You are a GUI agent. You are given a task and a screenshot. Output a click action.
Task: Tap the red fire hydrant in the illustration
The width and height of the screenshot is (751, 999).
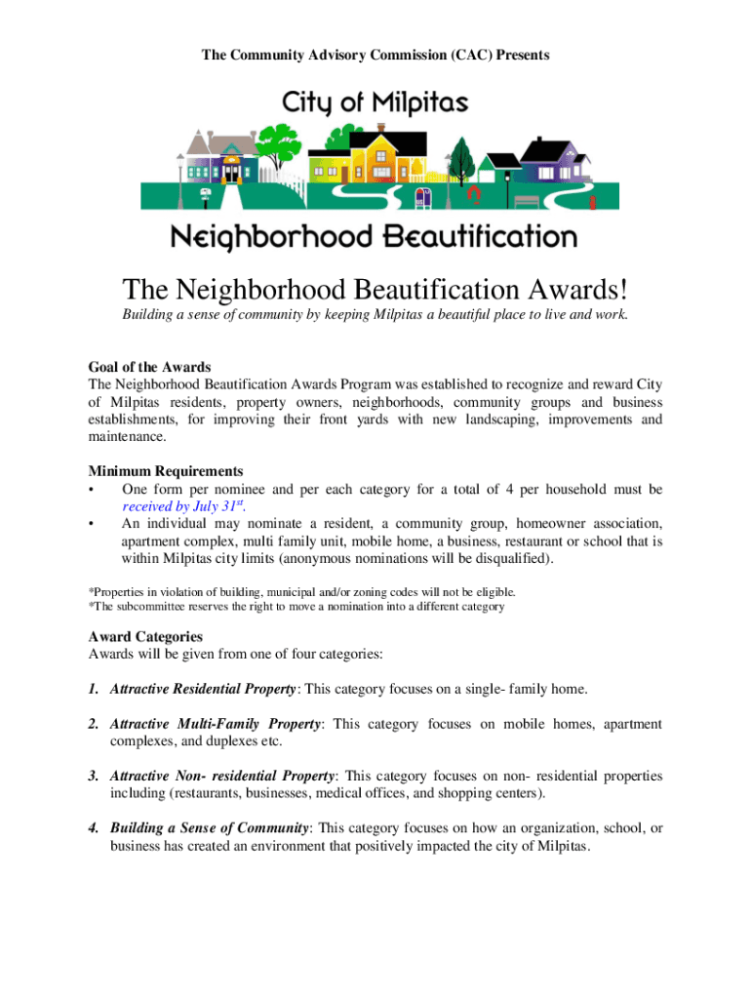474,194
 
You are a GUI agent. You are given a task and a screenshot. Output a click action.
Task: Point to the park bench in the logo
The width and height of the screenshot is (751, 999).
527,201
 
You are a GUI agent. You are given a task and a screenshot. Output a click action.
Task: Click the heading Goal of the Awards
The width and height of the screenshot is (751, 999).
149,367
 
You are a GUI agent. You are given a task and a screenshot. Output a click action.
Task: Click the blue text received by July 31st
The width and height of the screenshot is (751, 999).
182,506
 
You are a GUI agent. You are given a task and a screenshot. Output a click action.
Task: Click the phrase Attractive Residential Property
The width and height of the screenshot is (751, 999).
203,689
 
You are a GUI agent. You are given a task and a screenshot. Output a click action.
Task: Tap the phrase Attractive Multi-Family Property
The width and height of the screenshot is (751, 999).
216,724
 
